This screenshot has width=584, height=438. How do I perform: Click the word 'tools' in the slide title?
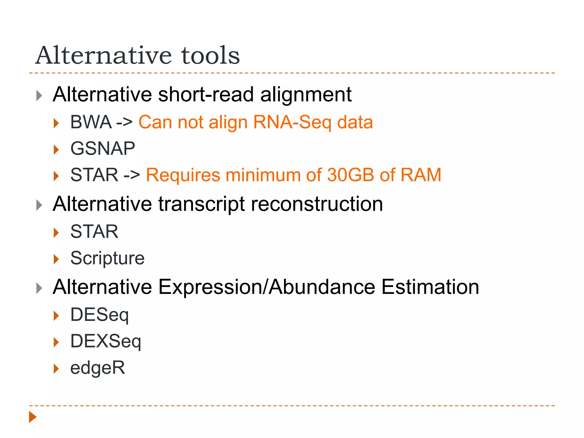point(210,55)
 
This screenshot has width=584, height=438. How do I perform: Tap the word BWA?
point(91,122)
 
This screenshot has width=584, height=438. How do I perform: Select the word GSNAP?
point(103,149)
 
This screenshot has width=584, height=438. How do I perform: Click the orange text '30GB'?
point(350,175)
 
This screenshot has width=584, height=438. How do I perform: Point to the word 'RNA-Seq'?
point(292,122)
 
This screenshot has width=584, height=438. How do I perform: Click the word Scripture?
point(108,258)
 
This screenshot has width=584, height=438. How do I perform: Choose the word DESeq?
point(100,315)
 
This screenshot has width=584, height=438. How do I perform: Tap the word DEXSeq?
point(106,341)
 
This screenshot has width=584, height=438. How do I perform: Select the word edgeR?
point(98,368)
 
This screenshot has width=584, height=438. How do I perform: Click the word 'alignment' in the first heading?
point(306,94)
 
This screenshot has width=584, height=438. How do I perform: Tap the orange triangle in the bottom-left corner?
point(33,417)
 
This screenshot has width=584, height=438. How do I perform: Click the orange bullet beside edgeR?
point(56,369)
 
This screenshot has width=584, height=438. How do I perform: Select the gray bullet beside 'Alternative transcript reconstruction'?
point(39,205)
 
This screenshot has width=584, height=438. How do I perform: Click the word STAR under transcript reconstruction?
point(94,232)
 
